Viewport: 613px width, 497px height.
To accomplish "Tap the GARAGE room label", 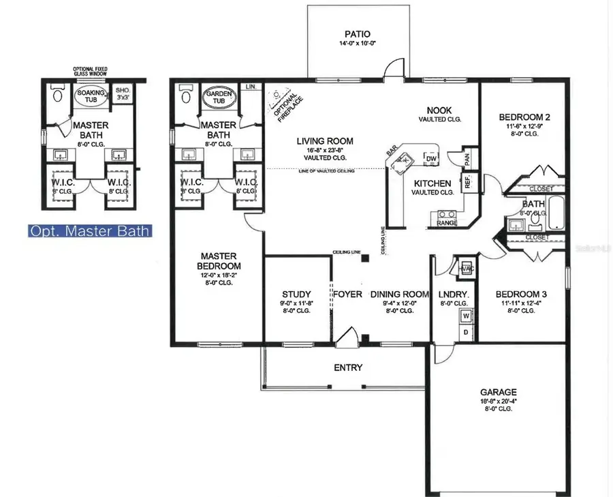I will (x=498, y=392).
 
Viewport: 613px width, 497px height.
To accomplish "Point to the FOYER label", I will (x=347, y=295).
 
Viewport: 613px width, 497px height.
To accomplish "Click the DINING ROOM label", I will (x=400, y=295).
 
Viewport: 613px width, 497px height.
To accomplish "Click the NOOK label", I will (x=440, y=110).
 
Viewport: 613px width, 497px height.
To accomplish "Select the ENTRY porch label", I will (x=347, y=368).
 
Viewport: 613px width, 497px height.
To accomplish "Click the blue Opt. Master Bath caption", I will (x=89, y=231).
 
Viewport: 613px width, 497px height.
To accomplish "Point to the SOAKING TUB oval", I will (x=91, y=97).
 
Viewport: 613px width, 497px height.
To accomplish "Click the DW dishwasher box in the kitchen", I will (x=430, y=159).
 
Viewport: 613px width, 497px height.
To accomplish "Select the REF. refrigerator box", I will (x=469, y=182).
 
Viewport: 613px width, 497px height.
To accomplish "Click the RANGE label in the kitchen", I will (x=446, y=222).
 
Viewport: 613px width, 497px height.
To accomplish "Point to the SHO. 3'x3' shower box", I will (x=123, y=93).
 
